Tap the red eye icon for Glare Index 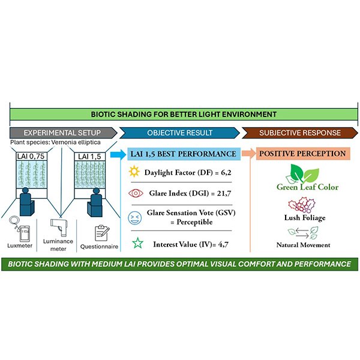[136, 194]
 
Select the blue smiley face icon [136, 217]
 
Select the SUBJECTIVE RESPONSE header [299, 132]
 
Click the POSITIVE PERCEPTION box [303, 154]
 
